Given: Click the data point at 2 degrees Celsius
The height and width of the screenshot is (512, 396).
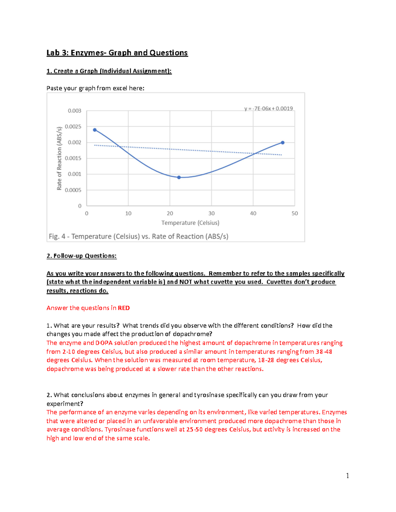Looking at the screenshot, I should point(95,130).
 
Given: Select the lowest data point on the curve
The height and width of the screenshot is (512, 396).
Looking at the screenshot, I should point(179,177).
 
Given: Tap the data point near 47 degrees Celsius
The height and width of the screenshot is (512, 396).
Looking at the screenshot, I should point(282,143).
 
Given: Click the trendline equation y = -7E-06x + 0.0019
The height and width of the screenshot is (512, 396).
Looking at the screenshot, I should point(268,108).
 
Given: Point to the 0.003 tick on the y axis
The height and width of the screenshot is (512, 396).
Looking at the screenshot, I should point(75,111).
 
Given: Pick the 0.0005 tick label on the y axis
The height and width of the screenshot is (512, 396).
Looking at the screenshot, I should point(73,190).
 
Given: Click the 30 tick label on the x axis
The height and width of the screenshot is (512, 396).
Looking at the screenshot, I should point(212,214).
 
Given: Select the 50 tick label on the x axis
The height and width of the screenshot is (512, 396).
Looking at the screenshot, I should point(295,214).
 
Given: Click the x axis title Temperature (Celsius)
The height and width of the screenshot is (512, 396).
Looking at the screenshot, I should point(190,223).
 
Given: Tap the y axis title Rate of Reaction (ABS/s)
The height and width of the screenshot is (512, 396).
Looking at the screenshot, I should point(59,158).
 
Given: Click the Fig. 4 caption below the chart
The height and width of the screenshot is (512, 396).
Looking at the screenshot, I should point(139,236).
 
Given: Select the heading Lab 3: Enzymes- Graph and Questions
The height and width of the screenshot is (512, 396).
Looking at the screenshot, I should point(117,53).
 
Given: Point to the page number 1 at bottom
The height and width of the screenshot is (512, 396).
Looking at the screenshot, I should point(347,475).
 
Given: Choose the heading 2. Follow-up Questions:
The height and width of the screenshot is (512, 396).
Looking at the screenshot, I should point(82,256).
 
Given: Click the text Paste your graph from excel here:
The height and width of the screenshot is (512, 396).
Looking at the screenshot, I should point(95,88).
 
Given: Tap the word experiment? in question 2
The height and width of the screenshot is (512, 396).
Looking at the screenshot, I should point(65,404).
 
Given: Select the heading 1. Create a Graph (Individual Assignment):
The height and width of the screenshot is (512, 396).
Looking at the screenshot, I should point(109,71).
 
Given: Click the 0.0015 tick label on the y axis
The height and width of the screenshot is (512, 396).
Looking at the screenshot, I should point(73,158).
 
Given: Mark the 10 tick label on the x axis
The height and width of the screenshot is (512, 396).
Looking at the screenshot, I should point(128,214).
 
